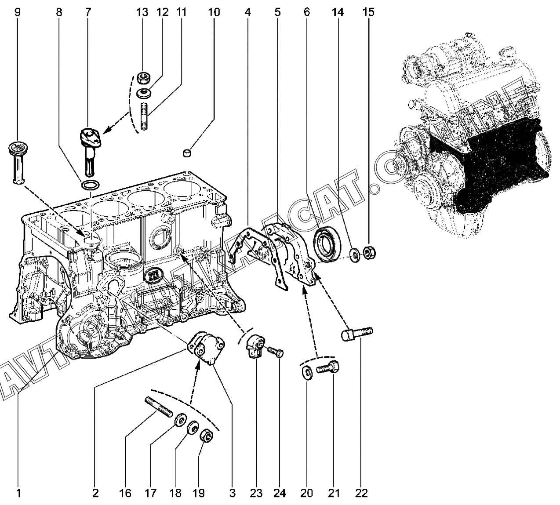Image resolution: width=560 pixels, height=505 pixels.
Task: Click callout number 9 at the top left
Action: pyautogui.click(x=18, y=12)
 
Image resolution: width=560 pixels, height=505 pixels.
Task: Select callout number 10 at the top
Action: pyautogui.click(x=214, y=12)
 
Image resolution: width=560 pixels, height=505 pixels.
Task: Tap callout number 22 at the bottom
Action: pyautogui.click(x=361, y=493)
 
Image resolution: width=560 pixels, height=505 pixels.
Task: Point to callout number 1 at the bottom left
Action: pyautogui.click(x=18, y=493)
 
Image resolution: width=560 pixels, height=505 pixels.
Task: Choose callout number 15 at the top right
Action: pyautogui.click(x=368, y=12)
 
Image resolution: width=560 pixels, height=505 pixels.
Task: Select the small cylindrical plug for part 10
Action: pyautogui.click(x=188, y=153)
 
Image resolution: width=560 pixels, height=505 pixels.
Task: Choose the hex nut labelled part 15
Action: pyautogui.click(x=368, y=254)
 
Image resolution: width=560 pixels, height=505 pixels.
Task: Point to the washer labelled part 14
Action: pyautogui.click(x=354, y=254)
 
